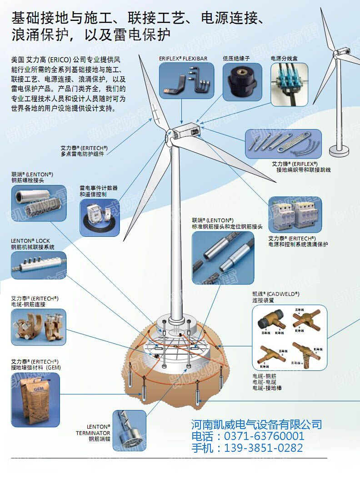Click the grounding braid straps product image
tap(283, 144)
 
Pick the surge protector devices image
tap(295, 215)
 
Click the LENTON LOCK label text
tap(30, 241)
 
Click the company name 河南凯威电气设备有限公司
tap(256, 425)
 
